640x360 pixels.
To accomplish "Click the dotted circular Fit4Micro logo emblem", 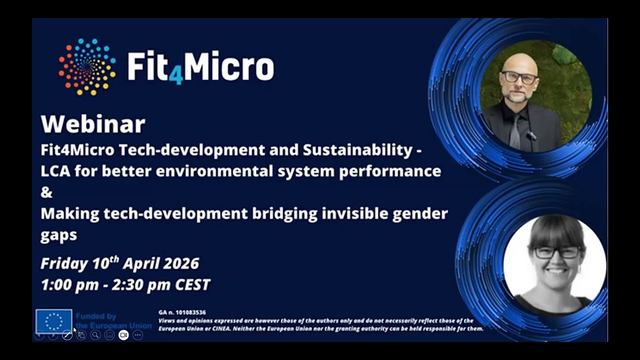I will coord(87,66).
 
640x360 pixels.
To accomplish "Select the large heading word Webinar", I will coord(92,124).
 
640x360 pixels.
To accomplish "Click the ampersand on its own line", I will coord(46,192).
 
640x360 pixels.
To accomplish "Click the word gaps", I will coord(58,235).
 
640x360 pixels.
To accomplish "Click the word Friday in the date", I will coord(64,263).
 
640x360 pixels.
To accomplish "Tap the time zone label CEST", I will coord(192,285).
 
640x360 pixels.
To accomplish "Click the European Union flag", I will coord(53,320).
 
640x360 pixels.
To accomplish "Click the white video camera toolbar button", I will coord(123,335).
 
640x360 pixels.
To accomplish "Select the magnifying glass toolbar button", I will coord(95,335).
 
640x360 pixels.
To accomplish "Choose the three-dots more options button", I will coord(137,335).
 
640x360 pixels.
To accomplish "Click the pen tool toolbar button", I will coord(67,335).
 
